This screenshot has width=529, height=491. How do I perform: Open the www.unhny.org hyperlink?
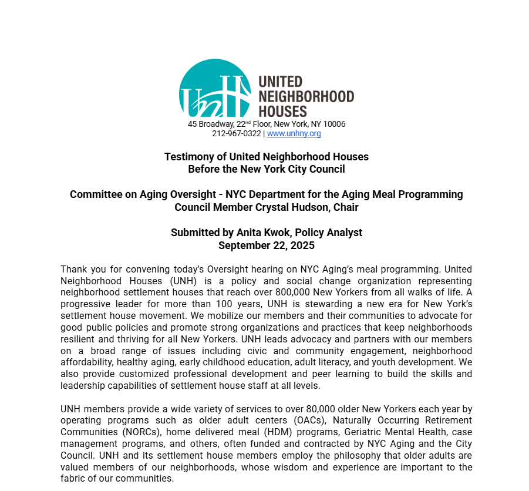(x=294, y=133)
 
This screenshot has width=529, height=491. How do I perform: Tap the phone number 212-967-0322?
(x=236, y=133)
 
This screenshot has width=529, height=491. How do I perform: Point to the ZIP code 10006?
(x=334, y=125)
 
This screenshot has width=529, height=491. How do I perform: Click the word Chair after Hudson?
(x=345, y=207)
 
